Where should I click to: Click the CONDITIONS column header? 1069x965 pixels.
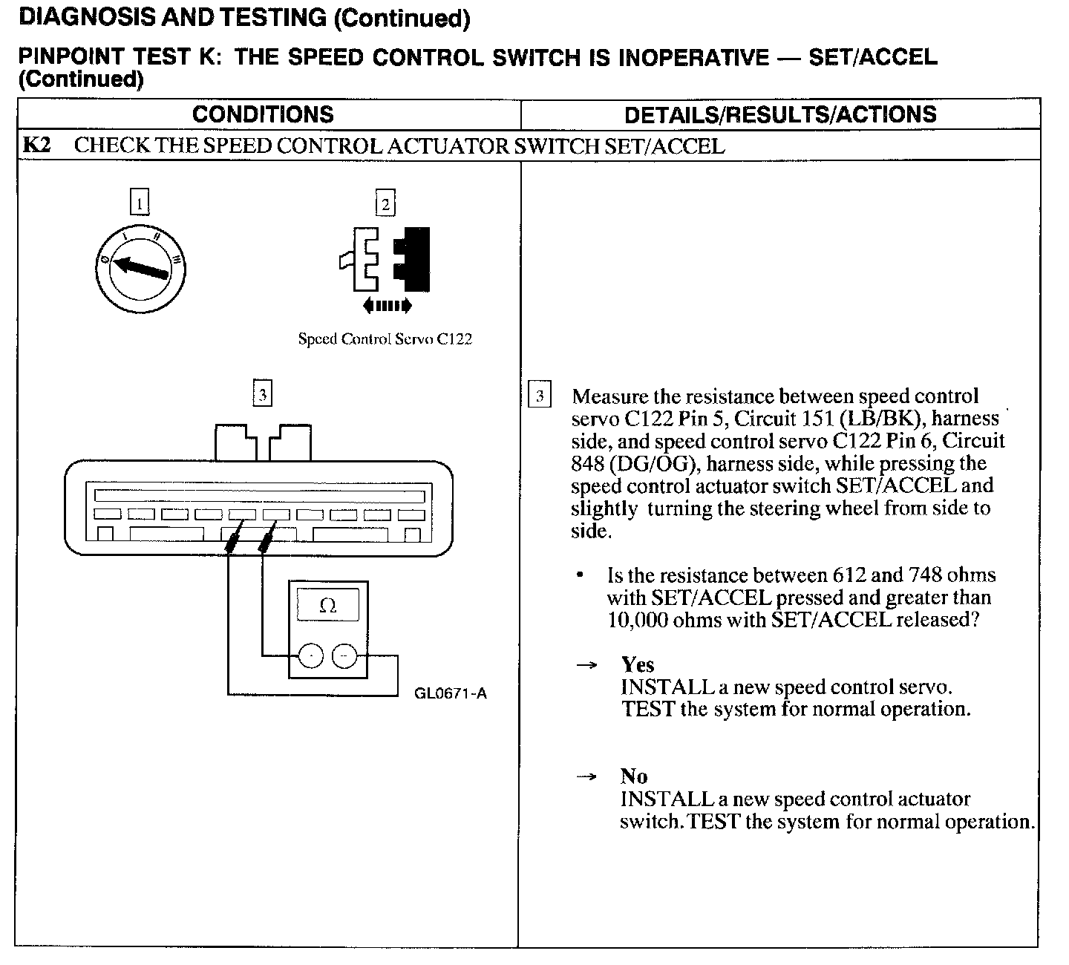263,114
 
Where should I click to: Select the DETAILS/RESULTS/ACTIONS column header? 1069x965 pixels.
780,114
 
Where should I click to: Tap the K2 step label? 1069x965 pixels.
36,145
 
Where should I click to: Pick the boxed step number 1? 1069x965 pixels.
139,203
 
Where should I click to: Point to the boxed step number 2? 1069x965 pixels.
385,203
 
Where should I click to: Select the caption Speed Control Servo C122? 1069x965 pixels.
385,339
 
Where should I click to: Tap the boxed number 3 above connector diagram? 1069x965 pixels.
262,393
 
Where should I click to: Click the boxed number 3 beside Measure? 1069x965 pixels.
539,396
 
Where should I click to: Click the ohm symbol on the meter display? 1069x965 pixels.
327,606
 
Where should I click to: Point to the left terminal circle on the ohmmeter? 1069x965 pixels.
311,655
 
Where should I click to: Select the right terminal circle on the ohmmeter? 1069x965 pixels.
344,655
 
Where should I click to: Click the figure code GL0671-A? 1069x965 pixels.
451,694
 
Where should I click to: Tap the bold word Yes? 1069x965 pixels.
638,664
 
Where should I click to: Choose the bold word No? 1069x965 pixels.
634,776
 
